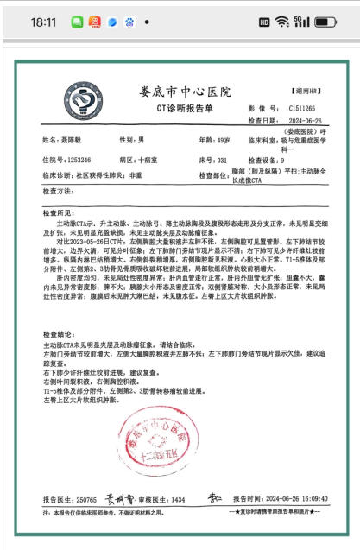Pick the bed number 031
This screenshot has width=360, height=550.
222,161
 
